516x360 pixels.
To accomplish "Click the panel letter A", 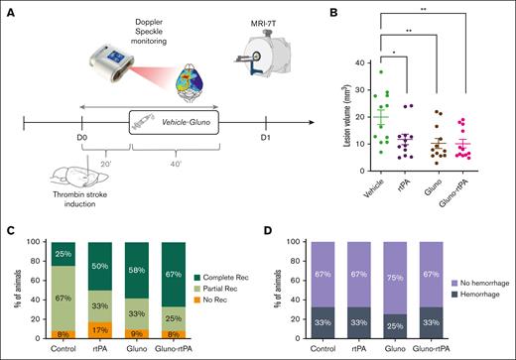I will [x=8, y=10].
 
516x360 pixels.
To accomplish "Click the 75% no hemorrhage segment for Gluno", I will [x=394, y=272].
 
